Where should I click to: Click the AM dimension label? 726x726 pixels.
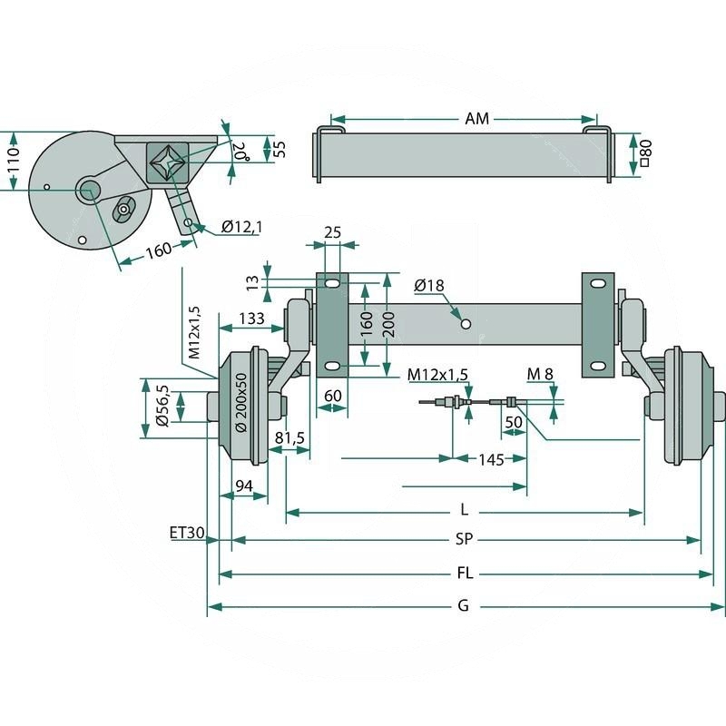click(x=476, y=119)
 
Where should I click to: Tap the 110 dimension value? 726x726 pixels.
click(x=13, y=161)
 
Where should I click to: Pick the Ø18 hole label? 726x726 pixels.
click(x=428, y=286)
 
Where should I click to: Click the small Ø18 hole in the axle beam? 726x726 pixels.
click(x=465, y=323)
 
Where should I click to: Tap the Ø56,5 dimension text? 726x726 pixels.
click(x=162, y=404)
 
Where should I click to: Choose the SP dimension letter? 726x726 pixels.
click(x=464, y=539)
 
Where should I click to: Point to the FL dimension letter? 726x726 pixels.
click(x=464, y=574)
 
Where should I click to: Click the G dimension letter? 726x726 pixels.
click(x=463, y=606)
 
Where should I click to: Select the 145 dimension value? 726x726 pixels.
click(x=490, y=460)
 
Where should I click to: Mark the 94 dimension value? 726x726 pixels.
click(x=243, y=486)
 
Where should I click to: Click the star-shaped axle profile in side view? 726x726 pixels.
click(x=168, y=162)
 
